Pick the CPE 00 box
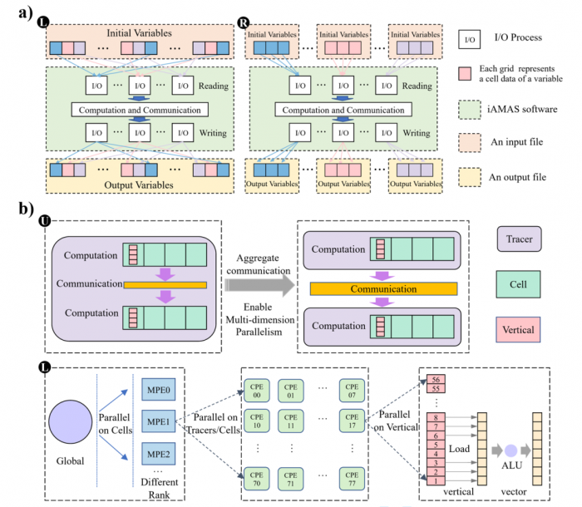point(259,391)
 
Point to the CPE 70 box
point(259,476)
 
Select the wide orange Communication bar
point(383,289)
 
